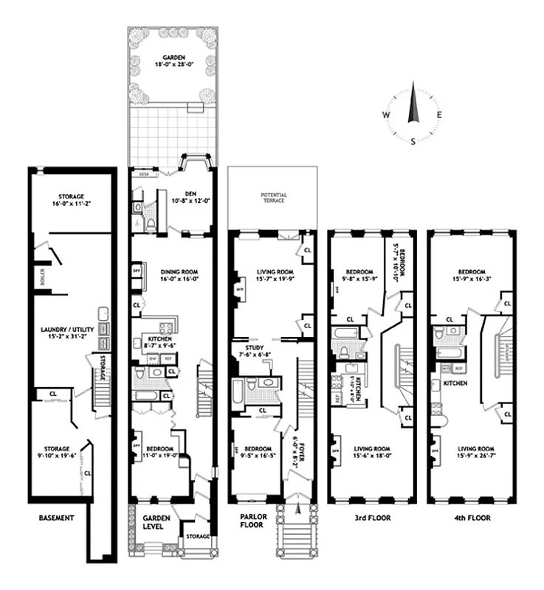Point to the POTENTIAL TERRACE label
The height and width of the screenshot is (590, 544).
(x=273, y=198)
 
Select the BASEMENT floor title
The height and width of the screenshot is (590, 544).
(x=56, y=518)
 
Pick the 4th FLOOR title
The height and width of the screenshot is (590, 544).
(x=471, y=518)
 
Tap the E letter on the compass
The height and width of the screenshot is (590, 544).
(x=439, y=114)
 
